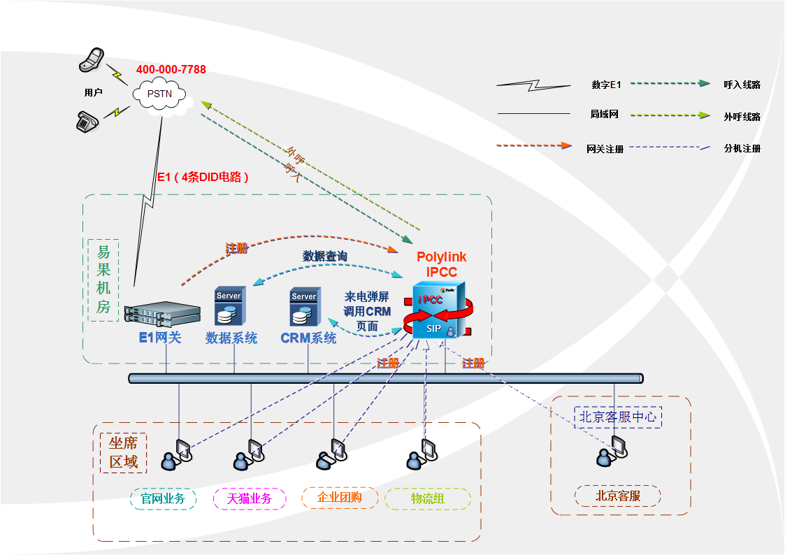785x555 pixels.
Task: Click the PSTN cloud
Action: tap(160, 94)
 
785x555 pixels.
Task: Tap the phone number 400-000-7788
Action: tap(171, 70)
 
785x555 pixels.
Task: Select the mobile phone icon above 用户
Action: tap(92, 59)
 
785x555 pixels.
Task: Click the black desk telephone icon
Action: tap(87, 120)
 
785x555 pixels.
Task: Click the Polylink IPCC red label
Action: tap(442, 264)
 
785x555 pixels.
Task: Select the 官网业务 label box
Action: tap(163, 498)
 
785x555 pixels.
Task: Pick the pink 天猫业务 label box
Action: tap(250, 498)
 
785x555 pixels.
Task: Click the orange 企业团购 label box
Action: tap(340, 498)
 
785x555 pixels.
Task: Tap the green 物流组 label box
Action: tap(428, 498)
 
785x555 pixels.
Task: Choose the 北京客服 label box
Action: tap(618, 496)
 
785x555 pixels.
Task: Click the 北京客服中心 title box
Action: tap(618, 417)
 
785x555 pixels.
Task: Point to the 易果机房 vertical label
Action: tap(103, 280)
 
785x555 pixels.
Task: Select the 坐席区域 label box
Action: tap(123, 453)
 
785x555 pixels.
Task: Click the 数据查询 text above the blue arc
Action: tap(325, 257)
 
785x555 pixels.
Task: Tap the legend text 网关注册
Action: tap(605, 148)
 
